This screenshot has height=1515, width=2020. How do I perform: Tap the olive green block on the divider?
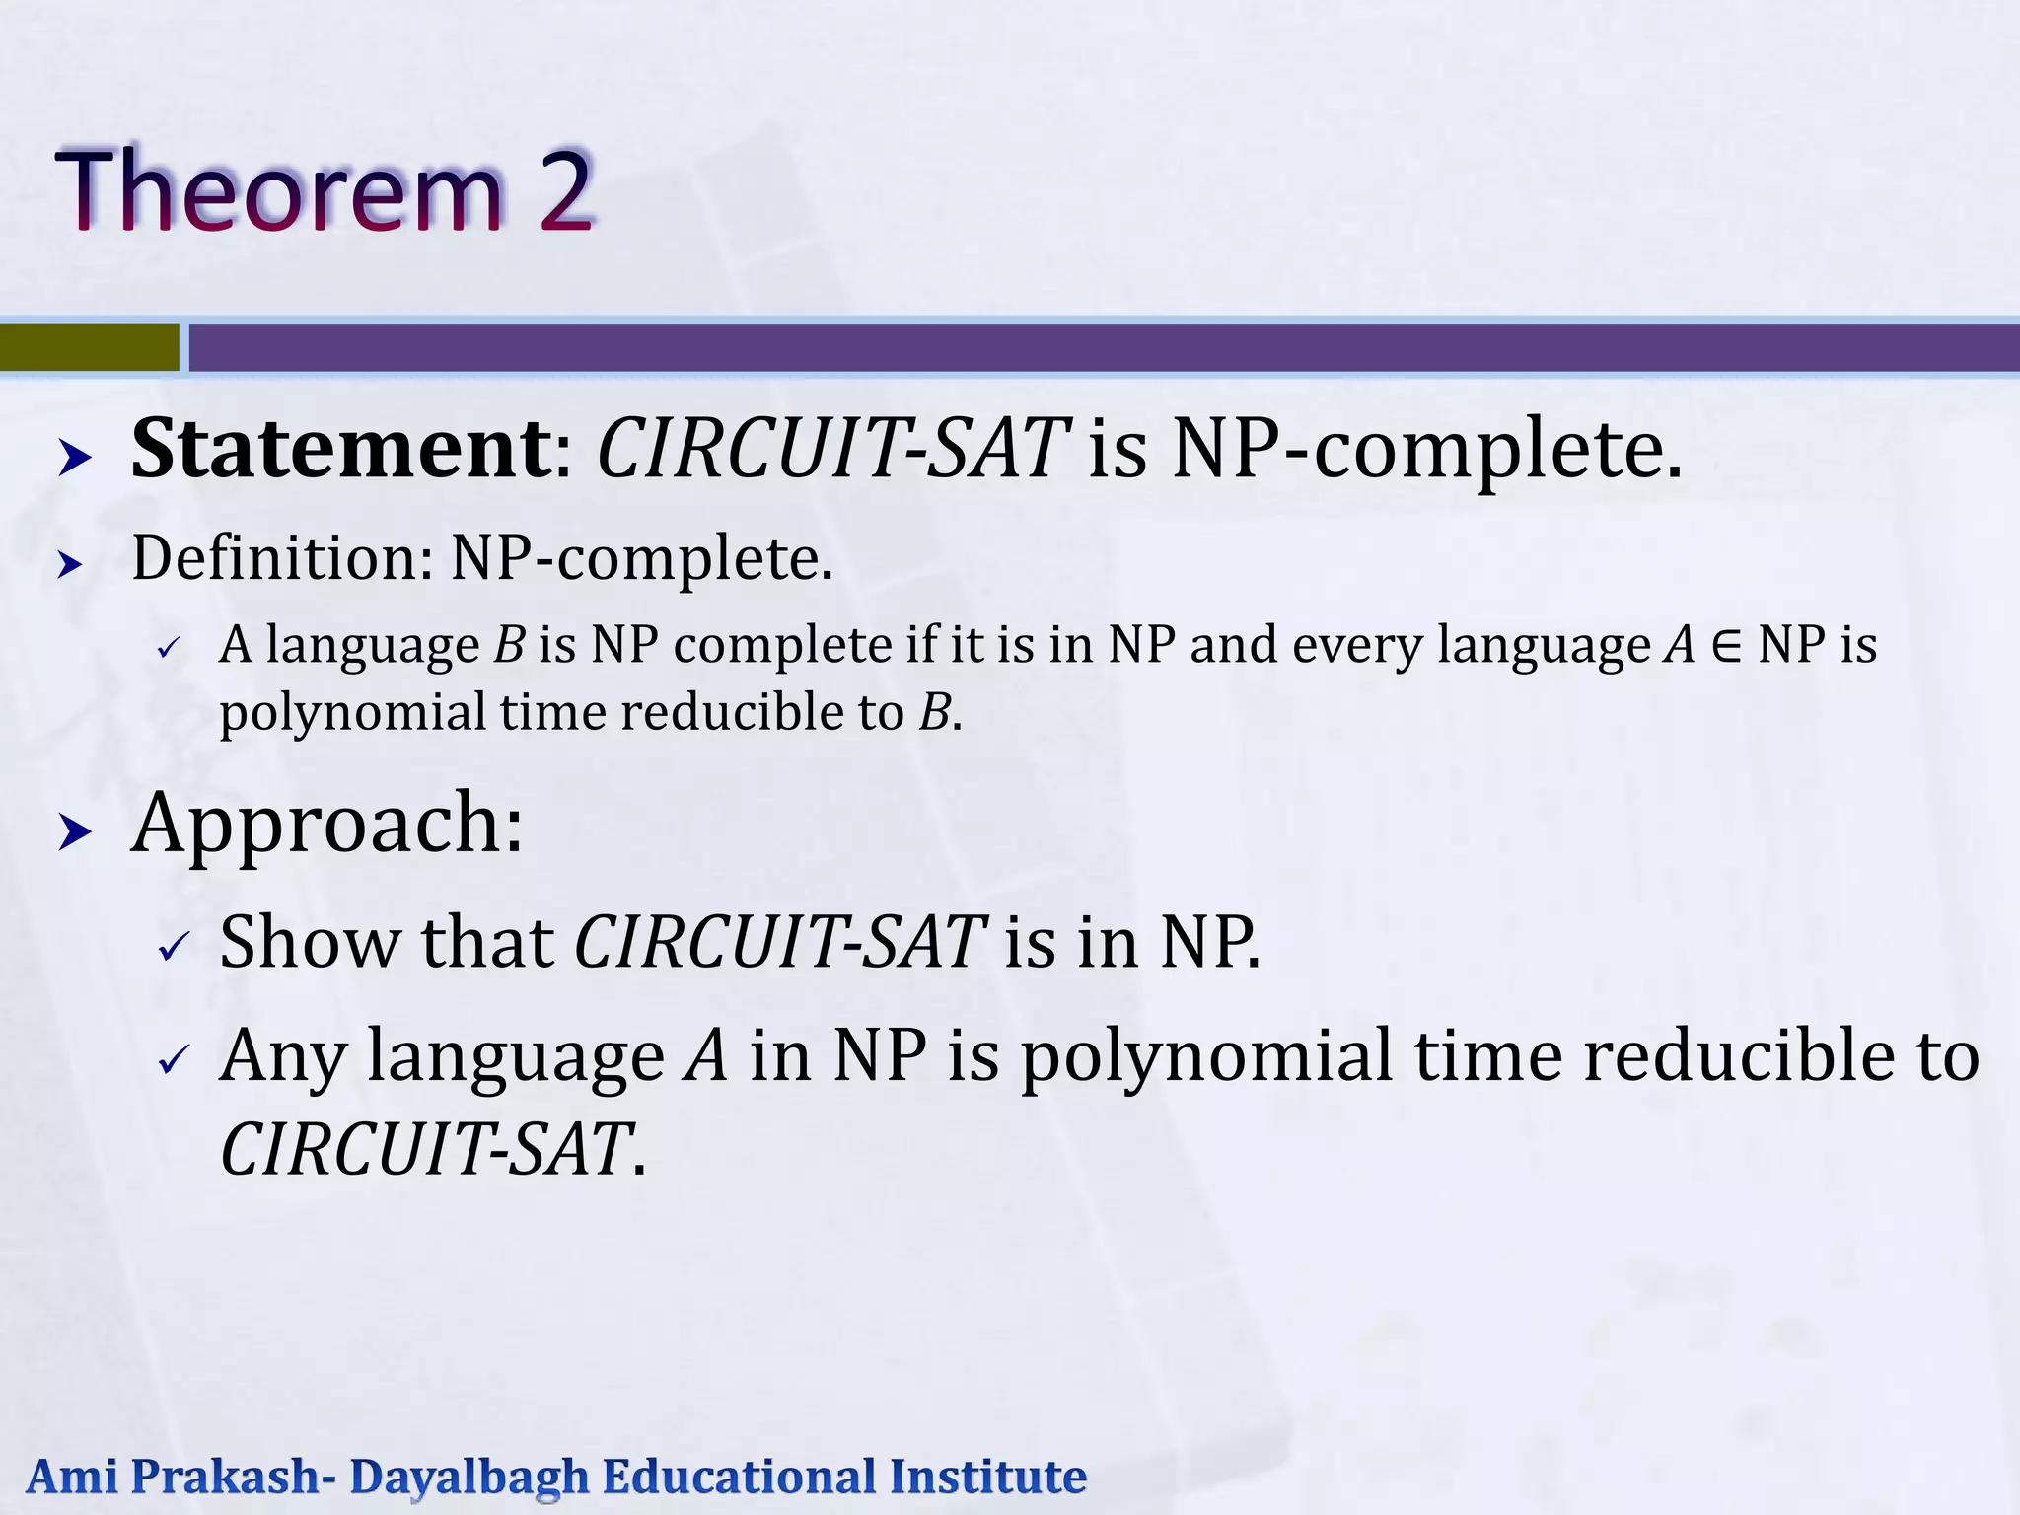tap(89, 347)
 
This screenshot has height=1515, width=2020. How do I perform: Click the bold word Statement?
tap(341, 450)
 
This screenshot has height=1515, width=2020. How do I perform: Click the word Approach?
tap(326, 824)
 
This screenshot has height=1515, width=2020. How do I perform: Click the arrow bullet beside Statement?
tap(75, 458)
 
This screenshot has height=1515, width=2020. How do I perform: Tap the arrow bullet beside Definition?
tap(70, 565)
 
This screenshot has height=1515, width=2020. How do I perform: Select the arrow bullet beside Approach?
tap(75, 832)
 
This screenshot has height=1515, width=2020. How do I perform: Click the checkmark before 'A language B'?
tap(169, 650)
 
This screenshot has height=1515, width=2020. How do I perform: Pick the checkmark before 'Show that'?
tap(174, 948)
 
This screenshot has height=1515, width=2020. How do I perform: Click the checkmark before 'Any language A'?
tap(174, 1061)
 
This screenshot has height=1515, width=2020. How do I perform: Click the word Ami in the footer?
tap(72, 1477)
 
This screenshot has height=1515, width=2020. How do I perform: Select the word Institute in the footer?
tap(987, 1477)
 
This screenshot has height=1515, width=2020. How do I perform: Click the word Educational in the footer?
tap(739, 1477)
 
